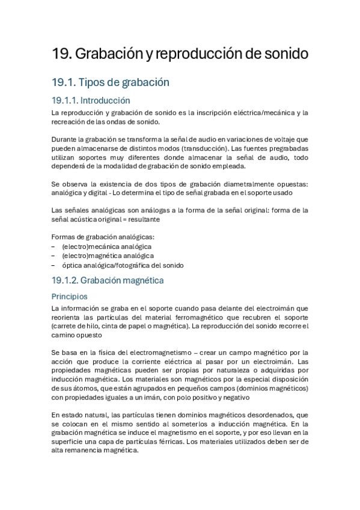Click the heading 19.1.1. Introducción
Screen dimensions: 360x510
pyautogui.click(x=91, y=100)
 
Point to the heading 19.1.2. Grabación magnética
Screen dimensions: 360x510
pyautogui.click(x=108, y=280)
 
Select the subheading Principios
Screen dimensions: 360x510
pyautogui.click(x=69, y=296)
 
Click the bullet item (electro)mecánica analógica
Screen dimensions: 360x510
pyautogui.click(x=106, y=247)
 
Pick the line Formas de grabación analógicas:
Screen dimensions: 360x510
pyautogui.click(x=94, y=236)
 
